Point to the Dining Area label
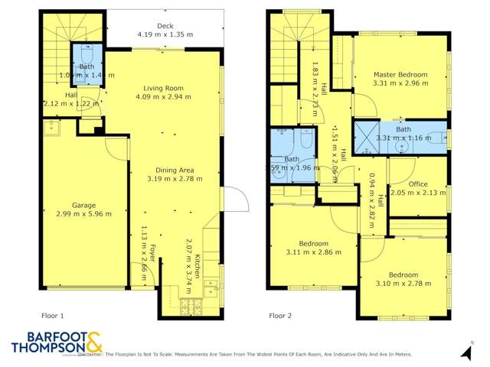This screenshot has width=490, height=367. [175, 169]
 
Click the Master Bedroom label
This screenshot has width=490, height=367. [400, 74]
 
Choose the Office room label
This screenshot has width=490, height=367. [417, 183]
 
